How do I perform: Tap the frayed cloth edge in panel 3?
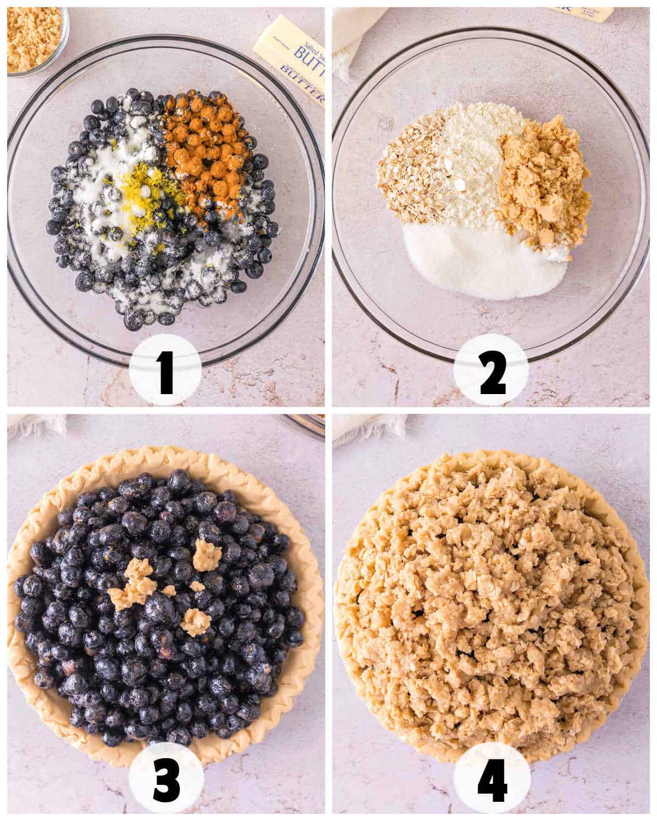[38, 424]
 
